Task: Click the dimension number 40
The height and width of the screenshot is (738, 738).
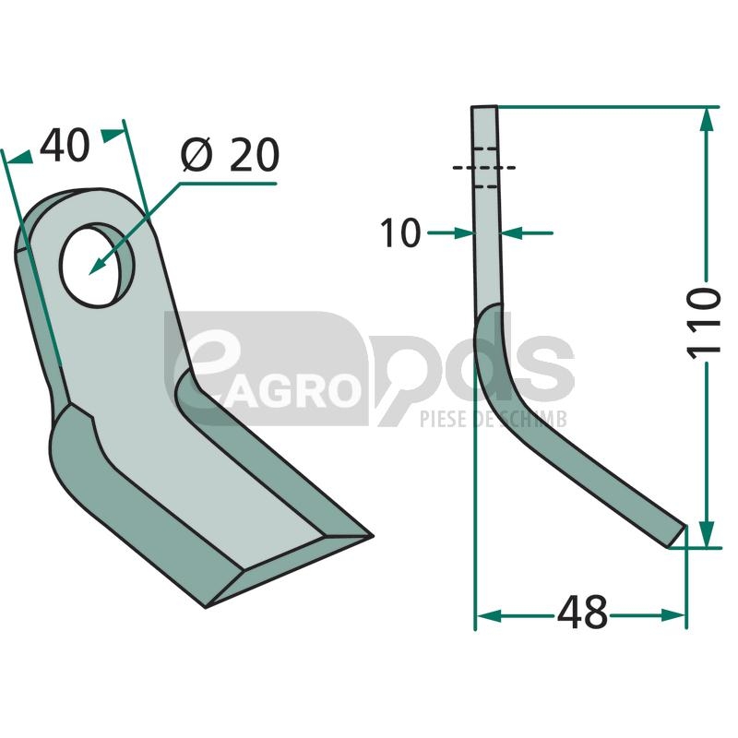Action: [65, 146]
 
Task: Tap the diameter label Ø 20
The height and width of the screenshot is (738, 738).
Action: [230, 155]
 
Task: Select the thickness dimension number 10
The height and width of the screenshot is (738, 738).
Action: [400, 233]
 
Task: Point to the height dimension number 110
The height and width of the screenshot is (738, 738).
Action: [704, 323]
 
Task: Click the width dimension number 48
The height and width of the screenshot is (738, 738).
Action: [582, 613]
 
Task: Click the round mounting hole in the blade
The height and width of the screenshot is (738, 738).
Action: [98, 266]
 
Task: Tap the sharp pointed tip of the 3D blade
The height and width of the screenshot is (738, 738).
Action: [372, 536]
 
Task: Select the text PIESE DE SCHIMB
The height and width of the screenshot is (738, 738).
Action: [494, 419]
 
